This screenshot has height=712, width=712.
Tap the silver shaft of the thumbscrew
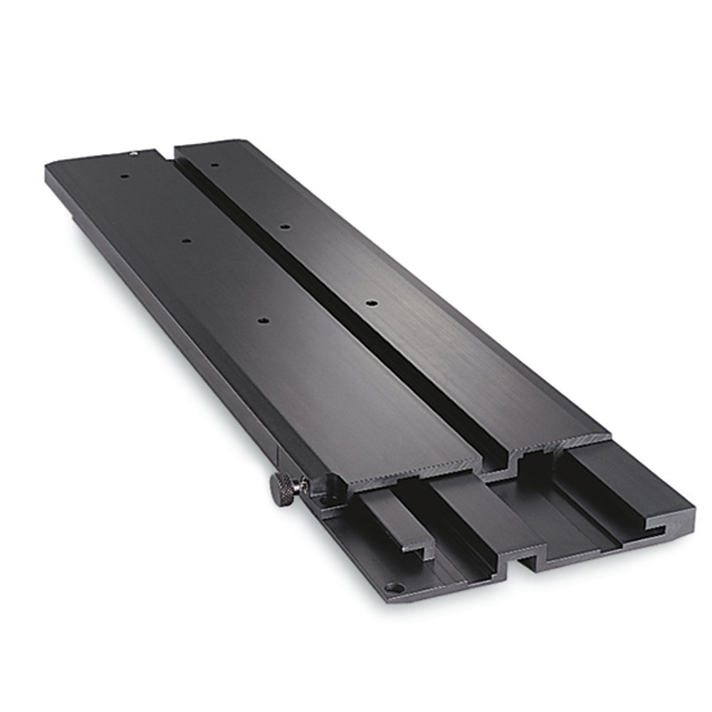coord(301,486)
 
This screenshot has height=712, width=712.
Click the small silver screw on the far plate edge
coord(132,152)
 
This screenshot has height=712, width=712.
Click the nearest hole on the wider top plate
coord(263,323)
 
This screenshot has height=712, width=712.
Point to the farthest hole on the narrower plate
coord(214,165)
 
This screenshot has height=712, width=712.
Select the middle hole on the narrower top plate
coord(284,227)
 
